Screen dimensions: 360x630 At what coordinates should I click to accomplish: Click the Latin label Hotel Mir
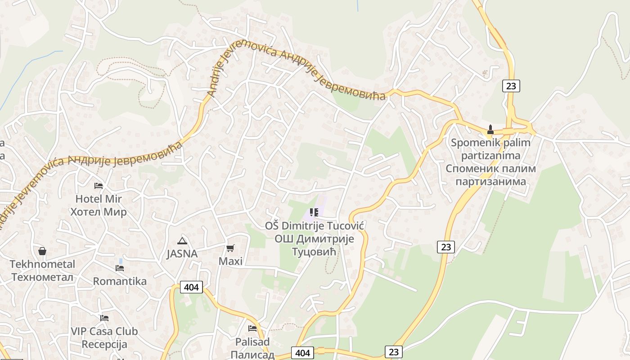pos(99,199)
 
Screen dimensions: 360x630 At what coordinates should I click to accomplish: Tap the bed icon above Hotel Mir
pos(99,186)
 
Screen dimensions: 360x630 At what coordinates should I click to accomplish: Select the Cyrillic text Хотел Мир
pos(99,212)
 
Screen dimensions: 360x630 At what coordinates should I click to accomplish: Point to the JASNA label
pos(182,254)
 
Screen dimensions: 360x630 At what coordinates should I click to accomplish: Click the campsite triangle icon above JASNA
pos(182,241)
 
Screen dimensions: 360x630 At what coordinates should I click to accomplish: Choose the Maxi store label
pos(230,261)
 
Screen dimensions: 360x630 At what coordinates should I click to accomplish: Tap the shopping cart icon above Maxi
pos(230,248)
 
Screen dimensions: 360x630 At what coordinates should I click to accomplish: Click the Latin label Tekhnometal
pos(42,264)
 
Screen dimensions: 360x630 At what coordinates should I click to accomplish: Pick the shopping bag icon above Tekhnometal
pos(42,251)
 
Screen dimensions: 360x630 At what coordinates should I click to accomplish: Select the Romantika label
pos(120,282)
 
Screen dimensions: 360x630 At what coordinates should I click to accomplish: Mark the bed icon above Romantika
pos(120,268)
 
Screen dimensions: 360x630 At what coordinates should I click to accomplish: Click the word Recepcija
pos(104,345)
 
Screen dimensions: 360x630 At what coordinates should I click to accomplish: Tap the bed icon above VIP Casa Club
pos(104,318)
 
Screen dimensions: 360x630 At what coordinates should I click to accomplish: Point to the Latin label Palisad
pos(252,342)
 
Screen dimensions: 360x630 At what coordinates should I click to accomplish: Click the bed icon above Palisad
pos(252,329)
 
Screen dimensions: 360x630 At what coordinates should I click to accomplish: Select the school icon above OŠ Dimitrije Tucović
pos(314,212)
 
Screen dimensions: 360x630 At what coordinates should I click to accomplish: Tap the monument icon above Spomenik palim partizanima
pos(490,130)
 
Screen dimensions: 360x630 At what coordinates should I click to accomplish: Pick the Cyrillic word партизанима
pos(491,182)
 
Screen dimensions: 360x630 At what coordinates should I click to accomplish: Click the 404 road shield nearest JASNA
pos(191,287)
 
